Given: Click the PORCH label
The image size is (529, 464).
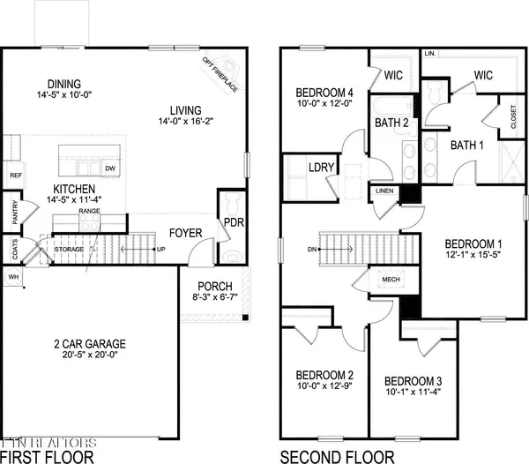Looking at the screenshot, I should pos(215,286).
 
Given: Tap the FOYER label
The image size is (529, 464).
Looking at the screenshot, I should pos(186,233).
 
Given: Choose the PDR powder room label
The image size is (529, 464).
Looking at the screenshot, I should pos(233,222).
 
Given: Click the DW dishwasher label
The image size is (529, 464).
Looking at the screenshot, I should pos(110,168).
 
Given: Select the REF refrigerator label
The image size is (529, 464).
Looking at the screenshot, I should pos(15,176).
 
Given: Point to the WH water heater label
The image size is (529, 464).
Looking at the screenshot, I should pos(12,277).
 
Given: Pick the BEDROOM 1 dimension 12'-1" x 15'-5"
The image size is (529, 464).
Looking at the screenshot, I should pos(473,256).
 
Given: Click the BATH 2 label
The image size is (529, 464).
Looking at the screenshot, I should pos(391,123).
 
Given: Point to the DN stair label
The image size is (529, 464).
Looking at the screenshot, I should pos(312,249).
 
